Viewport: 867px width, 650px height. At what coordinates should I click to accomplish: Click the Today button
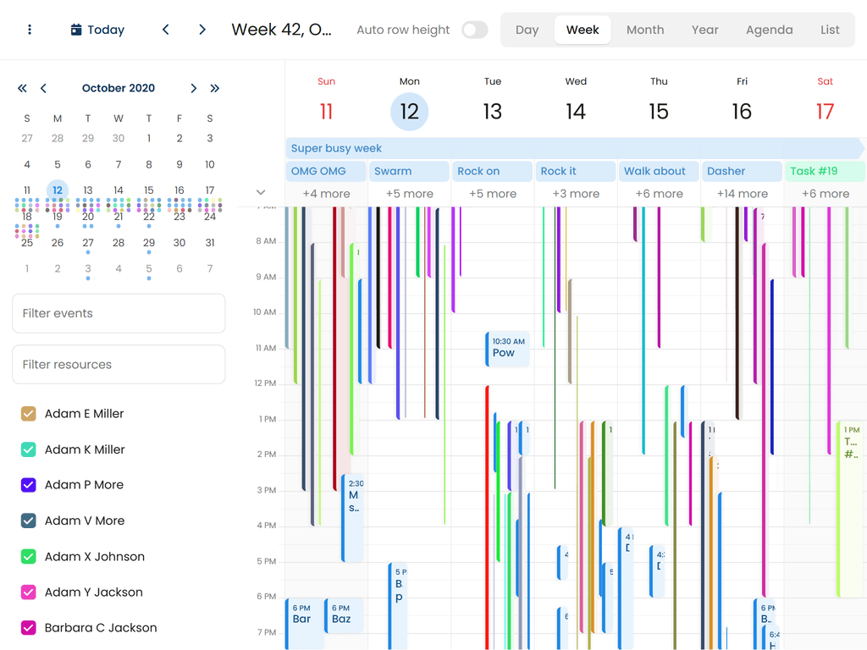tap(97, 30)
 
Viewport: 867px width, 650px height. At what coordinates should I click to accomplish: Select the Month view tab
tap(645, 30)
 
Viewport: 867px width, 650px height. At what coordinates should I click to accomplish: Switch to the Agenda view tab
tap(769, 30)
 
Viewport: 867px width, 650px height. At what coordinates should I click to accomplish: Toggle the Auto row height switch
tap(474, 30)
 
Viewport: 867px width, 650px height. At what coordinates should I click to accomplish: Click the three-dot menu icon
tap(30, 30)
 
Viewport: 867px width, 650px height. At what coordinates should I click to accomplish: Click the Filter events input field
tap(119, 313)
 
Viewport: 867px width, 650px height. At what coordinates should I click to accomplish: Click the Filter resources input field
tap(119, 365)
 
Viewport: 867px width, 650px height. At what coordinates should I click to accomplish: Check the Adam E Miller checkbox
tap(28, 414)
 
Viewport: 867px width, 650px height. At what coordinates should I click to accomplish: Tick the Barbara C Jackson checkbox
tap(28, 628)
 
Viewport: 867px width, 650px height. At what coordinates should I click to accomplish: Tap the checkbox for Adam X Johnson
tap(28, 557)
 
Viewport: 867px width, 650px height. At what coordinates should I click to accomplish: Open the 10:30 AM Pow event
tap(508, 349)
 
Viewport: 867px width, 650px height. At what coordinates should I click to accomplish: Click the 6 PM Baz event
tap(343, 614)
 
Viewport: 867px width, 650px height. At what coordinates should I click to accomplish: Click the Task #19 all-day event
tap(825, 171)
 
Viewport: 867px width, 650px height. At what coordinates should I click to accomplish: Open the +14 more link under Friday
tap(742, 194)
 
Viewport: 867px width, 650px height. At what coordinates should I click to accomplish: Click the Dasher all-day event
tap(742, 171)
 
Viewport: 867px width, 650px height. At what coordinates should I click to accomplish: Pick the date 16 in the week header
tap(742, 112)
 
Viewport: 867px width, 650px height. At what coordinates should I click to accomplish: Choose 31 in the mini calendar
tap(210, 243)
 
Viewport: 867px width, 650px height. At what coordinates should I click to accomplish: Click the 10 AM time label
tap(264, 312)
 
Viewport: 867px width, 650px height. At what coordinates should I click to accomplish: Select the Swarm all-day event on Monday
tap(409, 171)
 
